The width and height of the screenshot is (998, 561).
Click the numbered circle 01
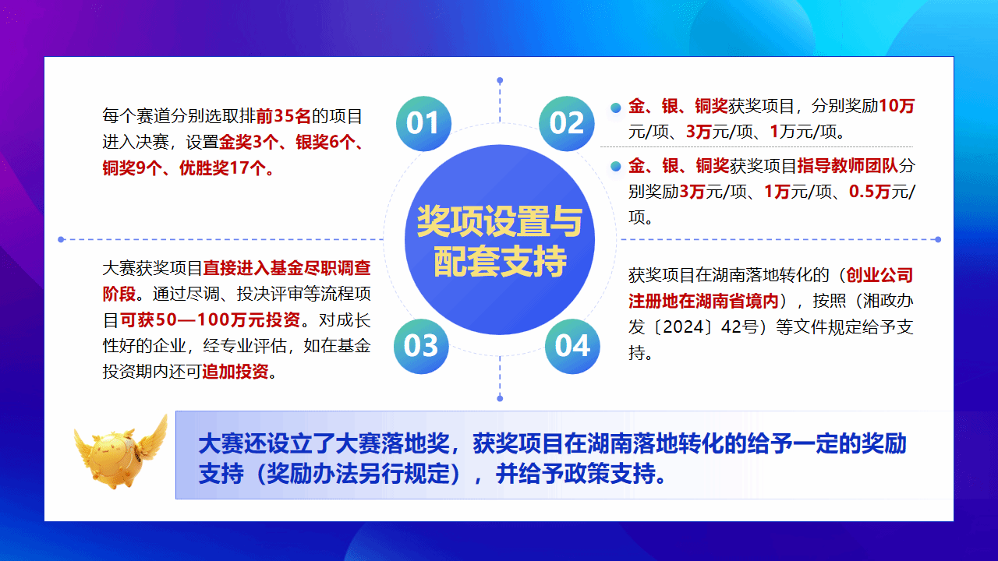(423, 123)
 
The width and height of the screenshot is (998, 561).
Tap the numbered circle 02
(566, 123)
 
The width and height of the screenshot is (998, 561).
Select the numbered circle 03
(421, 346)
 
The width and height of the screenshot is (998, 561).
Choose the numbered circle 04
(572, 346)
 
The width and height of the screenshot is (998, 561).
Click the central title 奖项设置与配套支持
(500, 241)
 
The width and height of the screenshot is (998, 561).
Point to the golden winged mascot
(121, 453)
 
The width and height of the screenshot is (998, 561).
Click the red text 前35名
(283, 116)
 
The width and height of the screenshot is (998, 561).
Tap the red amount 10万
(896, 106)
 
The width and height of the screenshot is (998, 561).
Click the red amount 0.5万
(869, 192)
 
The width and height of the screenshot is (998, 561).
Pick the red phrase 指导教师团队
(848, 166)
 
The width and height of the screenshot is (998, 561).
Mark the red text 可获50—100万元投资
(210, 319)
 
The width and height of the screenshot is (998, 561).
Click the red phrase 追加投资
(235, 372)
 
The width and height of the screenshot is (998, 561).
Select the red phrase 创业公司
(879, 275)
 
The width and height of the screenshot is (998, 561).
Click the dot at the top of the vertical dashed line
(500, 80)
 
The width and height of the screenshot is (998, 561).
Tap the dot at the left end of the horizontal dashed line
(61, 239)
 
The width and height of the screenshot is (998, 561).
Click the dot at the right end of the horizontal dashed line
(938, 239)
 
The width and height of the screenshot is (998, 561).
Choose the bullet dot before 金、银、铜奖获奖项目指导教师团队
(616, 167)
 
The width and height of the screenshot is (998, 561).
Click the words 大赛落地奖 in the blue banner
(392, 443)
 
